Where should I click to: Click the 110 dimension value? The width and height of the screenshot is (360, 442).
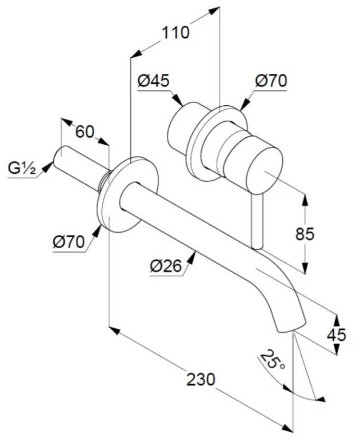(175, 33)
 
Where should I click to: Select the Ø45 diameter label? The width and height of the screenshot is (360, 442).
(154, 81)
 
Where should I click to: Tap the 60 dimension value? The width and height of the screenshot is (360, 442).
(85, 132)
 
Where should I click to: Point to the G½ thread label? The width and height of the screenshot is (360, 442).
(22, 169)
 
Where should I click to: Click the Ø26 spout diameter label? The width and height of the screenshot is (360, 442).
(166, 266)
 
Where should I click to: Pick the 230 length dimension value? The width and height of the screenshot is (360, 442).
(201, 380)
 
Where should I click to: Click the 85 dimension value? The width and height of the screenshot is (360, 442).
(305, 234)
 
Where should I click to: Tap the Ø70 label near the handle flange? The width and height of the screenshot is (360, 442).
(271, 81)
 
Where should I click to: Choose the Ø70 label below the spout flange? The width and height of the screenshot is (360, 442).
(69, 242)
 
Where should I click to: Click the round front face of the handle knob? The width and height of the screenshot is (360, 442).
(264, 170)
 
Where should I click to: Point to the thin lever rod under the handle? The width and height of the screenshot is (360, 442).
(258, 221)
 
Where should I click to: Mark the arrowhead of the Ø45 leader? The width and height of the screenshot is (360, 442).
(177, 100)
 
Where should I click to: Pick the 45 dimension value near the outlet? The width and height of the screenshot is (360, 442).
(337, 335)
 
